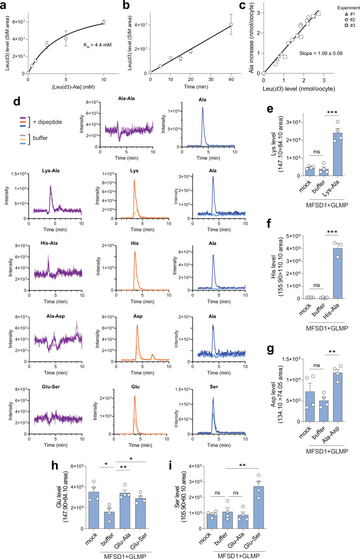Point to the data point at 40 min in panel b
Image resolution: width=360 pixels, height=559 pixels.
click(230, 24)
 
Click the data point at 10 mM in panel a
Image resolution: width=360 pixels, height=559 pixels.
click(104, 22)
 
